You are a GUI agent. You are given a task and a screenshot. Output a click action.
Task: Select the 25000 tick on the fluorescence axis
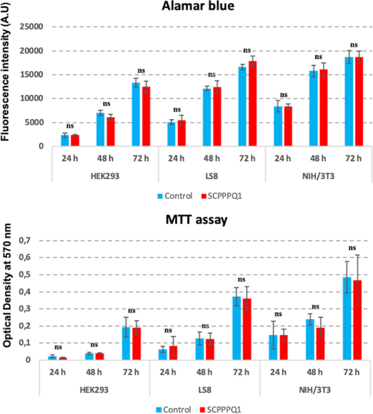coord(33,27)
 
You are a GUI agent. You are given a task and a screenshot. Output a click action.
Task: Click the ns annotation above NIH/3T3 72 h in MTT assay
coord(353,247)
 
